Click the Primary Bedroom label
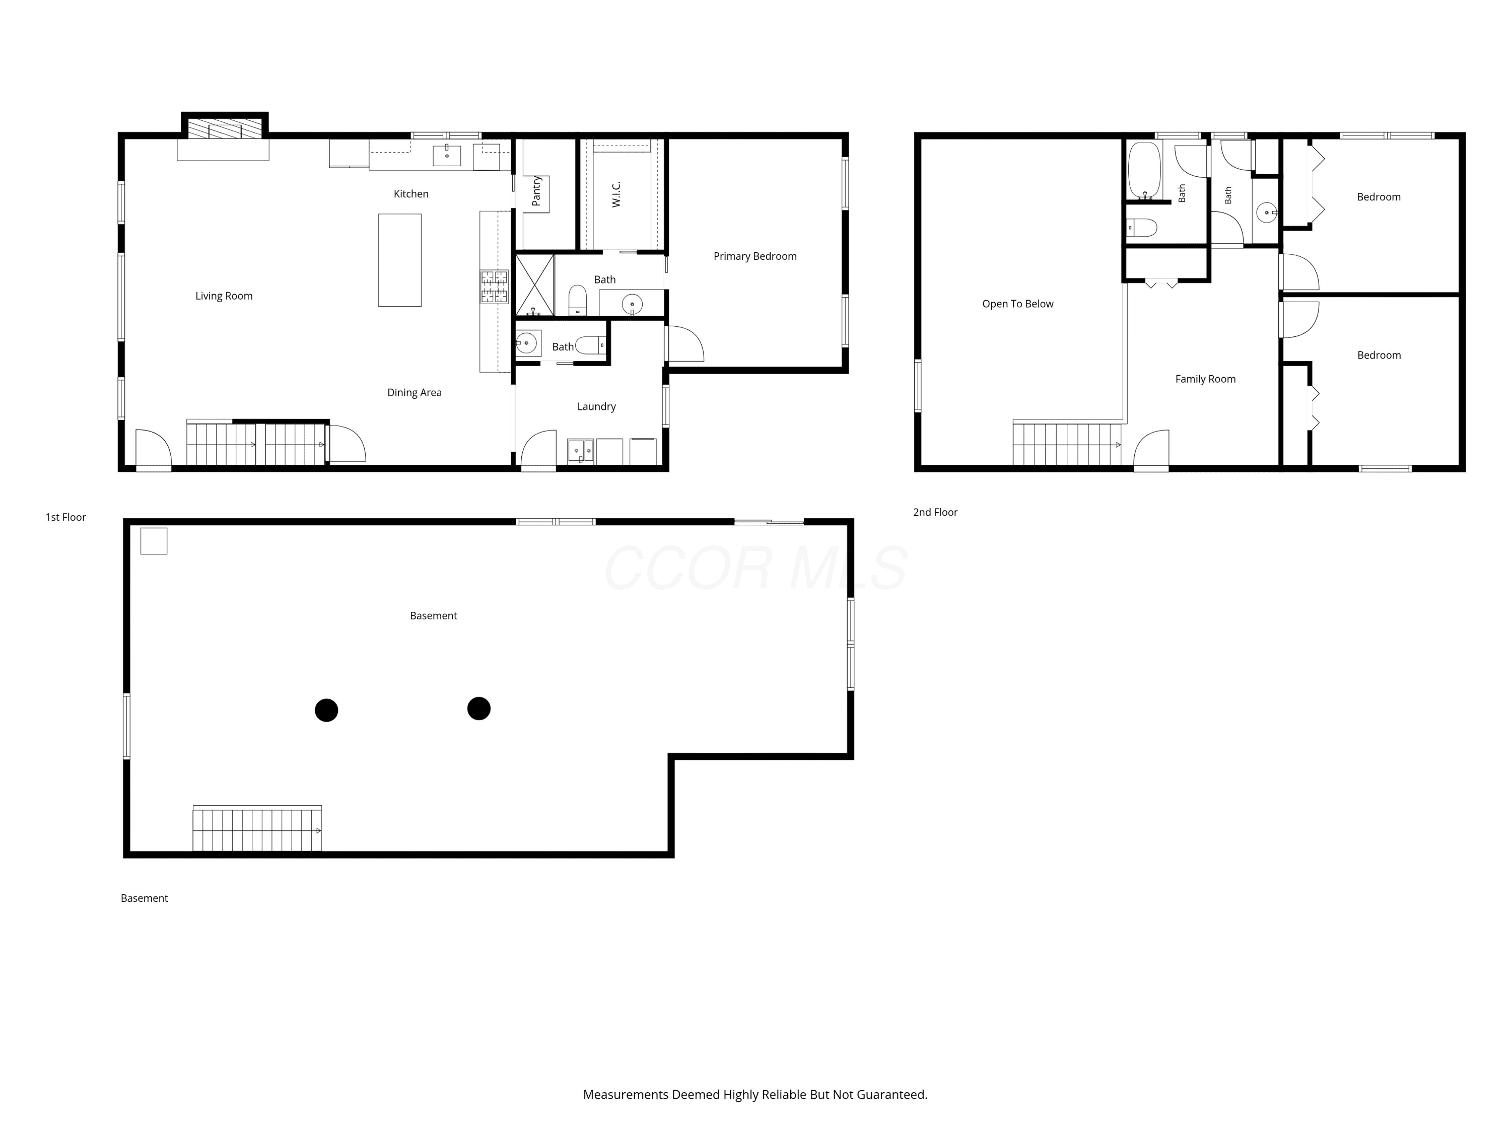755,256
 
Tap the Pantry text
536,191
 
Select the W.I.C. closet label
616,195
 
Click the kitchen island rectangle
399,260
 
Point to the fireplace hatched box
225,129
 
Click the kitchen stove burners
494,287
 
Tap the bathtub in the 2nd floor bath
1144,170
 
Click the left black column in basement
326,710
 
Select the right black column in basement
479,708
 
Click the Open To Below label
1018,304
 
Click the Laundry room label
596,406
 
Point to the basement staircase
257,828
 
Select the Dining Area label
414,393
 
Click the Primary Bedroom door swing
685,343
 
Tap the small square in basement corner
154,541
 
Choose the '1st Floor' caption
65,517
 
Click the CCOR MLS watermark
756,568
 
